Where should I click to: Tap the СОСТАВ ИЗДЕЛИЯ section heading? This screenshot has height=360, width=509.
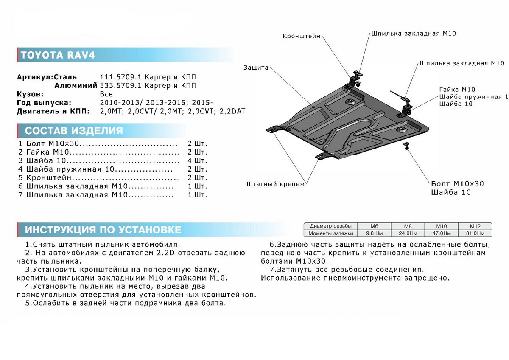point(74,130)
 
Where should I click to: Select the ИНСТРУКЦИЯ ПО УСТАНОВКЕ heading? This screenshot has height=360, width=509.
point(103,230)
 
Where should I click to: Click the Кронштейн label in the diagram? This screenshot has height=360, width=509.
point(301,37)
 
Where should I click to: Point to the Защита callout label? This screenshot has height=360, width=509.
point(256,67)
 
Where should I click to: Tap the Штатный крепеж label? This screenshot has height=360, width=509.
point(275,184)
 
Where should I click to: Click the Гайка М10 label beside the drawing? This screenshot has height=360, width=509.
point(457,89)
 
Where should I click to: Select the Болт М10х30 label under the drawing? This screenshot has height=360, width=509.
point(457,184)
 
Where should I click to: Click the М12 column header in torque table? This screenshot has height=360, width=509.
point(474,226)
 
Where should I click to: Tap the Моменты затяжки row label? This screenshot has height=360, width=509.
point(330,233)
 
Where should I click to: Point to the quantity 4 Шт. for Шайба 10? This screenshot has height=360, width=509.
point(197,161)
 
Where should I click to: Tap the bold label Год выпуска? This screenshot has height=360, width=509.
point(44,103)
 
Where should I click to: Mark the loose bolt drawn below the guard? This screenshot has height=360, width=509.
point(406,146)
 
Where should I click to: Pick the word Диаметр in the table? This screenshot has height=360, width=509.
point(320,226)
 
